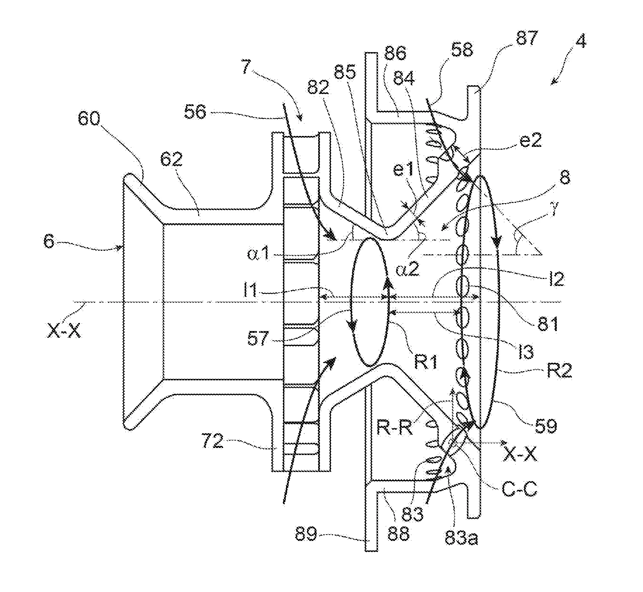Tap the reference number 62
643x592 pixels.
[172, 160]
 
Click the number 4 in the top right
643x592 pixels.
[580, 42]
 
